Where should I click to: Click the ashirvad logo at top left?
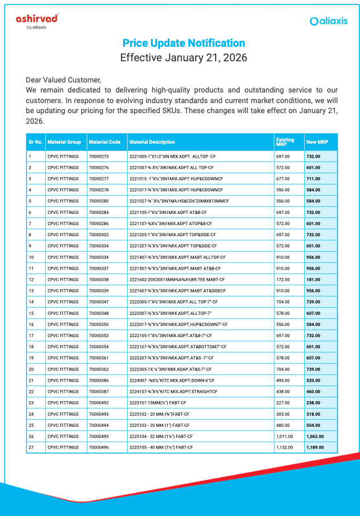(37, 21)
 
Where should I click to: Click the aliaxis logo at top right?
(329, 21)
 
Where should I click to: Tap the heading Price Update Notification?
(183, 43)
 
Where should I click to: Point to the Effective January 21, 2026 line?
(183, 57)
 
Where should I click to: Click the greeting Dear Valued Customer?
(64, 80)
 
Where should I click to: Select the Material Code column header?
(104, 142)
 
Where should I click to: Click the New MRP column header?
(317, 142)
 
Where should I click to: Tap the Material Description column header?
(152, 142)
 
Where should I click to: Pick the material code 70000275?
(99, 156)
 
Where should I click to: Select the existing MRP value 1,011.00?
(284, 436)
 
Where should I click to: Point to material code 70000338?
(99, 279)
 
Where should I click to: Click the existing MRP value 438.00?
(283, 391)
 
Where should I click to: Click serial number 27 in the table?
(31, 447)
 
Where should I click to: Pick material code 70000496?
(99, 447)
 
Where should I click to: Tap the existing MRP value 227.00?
(283, 402)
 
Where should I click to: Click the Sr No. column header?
(35, 142)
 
